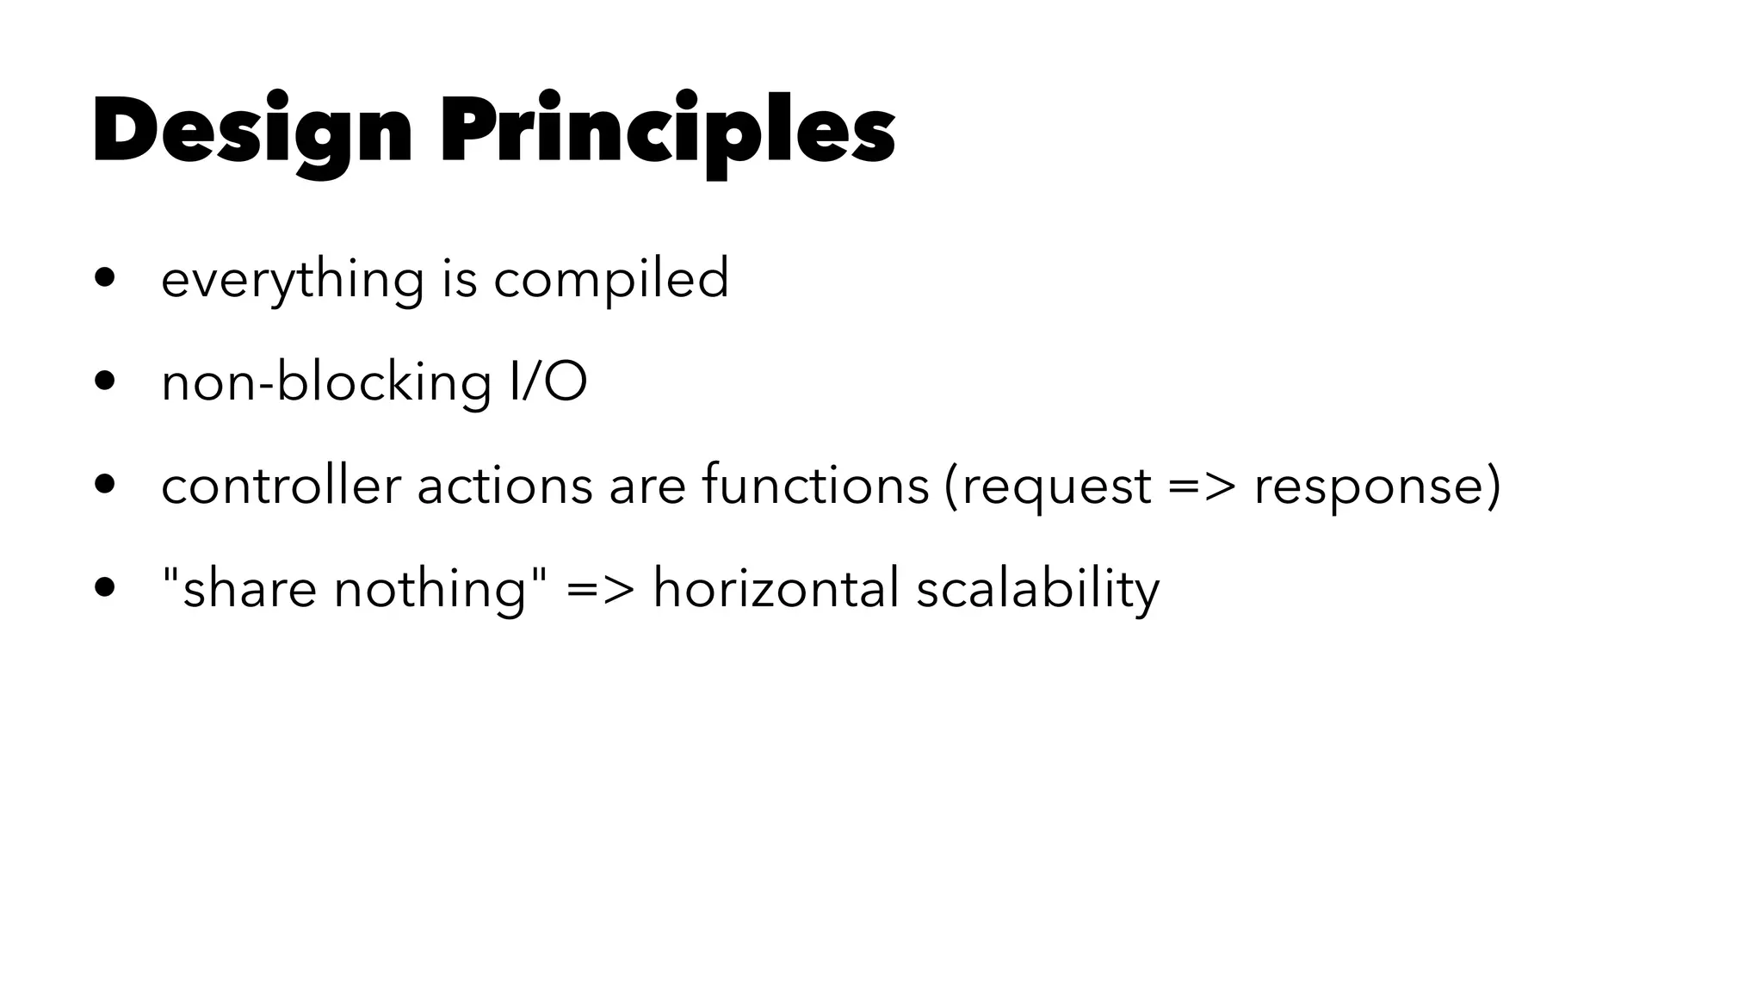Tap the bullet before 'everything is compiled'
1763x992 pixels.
point(105,278)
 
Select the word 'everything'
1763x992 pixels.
point(293,280)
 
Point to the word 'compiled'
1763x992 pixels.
point(610,280)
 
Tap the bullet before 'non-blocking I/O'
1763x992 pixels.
point(105,381)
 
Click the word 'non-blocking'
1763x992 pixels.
point(326,381)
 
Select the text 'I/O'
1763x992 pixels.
point(547,381)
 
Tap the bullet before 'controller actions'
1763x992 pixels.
point(105,485)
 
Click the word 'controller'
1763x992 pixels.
point(281,485)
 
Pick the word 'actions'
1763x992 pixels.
point(504,485)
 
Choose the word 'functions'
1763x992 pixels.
point(815,485)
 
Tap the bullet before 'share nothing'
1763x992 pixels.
point(105,588)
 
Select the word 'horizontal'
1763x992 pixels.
point(776,588)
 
